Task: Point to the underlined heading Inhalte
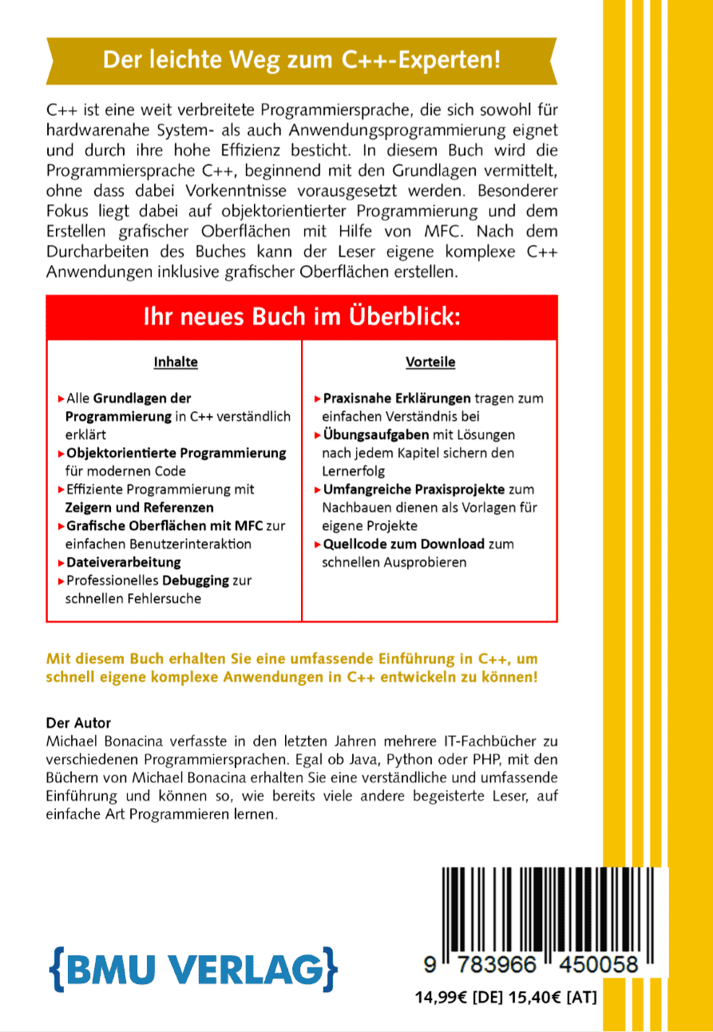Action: [x=176, y=362]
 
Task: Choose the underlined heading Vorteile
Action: [x=430, y=362]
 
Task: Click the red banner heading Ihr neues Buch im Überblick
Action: [x=302, y=317]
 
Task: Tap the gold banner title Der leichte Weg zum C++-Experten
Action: [x=302, y=59]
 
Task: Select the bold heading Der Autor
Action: [x=79, y=724]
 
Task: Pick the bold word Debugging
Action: [x=196, y=581]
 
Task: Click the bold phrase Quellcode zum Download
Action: [x=403, y=544]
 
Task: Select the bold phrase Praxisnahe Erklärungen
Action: [x=397, y=398]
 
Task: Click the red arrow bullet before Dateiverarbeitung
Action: [x=61, y=563]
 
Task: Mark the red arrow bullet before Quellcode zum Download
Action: [x=317, y=544]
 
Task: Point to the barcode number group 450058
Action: [x=594, y=965]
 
